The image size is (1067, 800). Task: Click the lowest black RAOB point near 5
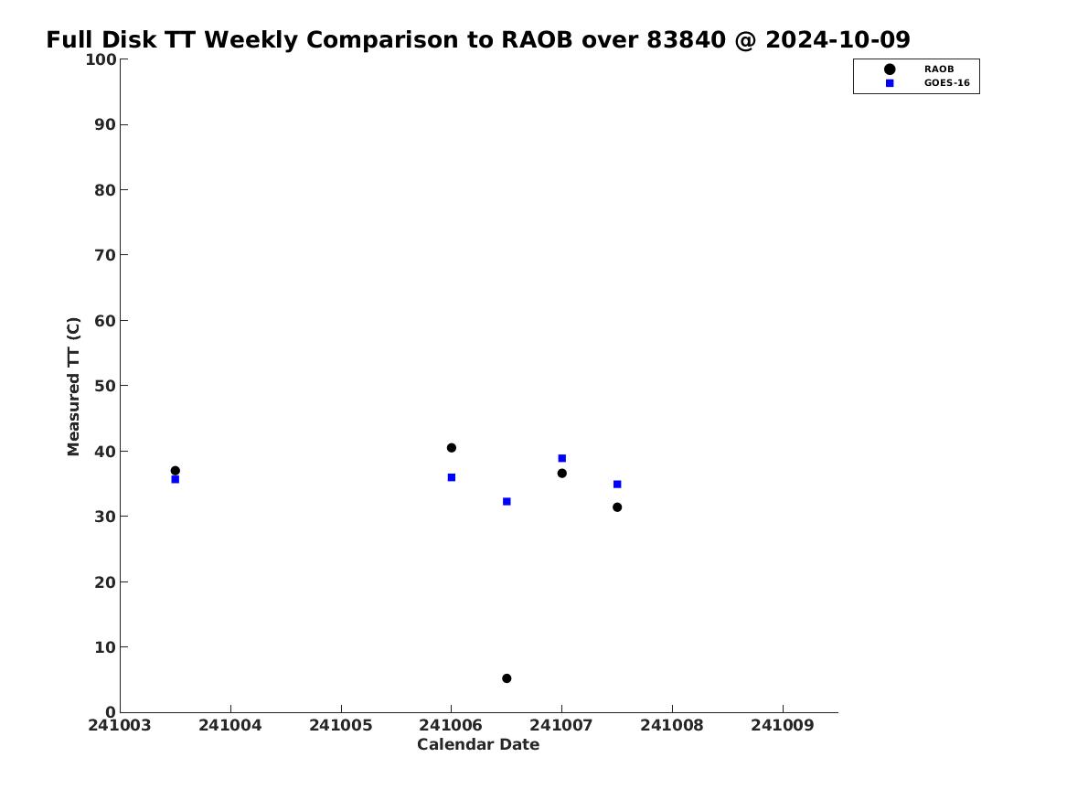coord(507,678)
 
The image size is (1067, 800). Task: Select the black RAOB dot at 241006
coord(451,448)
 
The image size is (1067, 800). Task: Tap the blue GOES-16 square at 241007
coord(561,458)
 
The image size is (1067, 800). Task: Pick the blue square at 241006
coord(451,477)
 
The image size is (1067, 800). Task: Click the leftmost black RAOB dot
coord(175,471)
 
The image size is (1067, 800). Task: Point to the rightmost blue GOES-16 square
coord(617,485)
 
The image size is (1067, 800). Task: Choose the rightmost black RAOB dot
coord(617,507)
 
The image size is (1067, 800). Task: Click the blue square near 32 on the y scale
coord(507,502)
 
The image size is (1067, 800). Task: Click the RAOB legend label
coord(939,69)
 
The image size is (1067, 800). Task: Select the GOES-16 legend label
coord(946,83)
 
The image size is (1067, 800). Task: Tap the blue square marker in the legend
coord(890,83)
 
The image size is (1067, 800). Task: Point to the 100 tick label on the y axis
coord(101,59)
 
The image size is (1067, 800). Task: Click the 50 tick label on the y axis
coord(105,386)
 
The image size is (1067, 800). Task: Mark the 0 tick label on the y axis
coord(111,712)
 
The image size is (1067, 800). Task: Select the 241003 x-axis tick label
coord(120,725)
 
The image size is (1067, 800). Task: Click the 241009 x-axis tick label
coord(783,725)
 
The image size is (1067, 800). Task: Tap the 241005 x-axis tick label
coord(341,725)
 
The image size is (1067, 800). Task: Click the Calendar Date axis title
coord(478,745)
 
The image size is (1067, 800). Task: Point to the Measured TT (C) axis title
coord(73,387)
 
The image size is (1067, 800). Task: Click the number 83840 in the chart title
coord(687,40)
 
